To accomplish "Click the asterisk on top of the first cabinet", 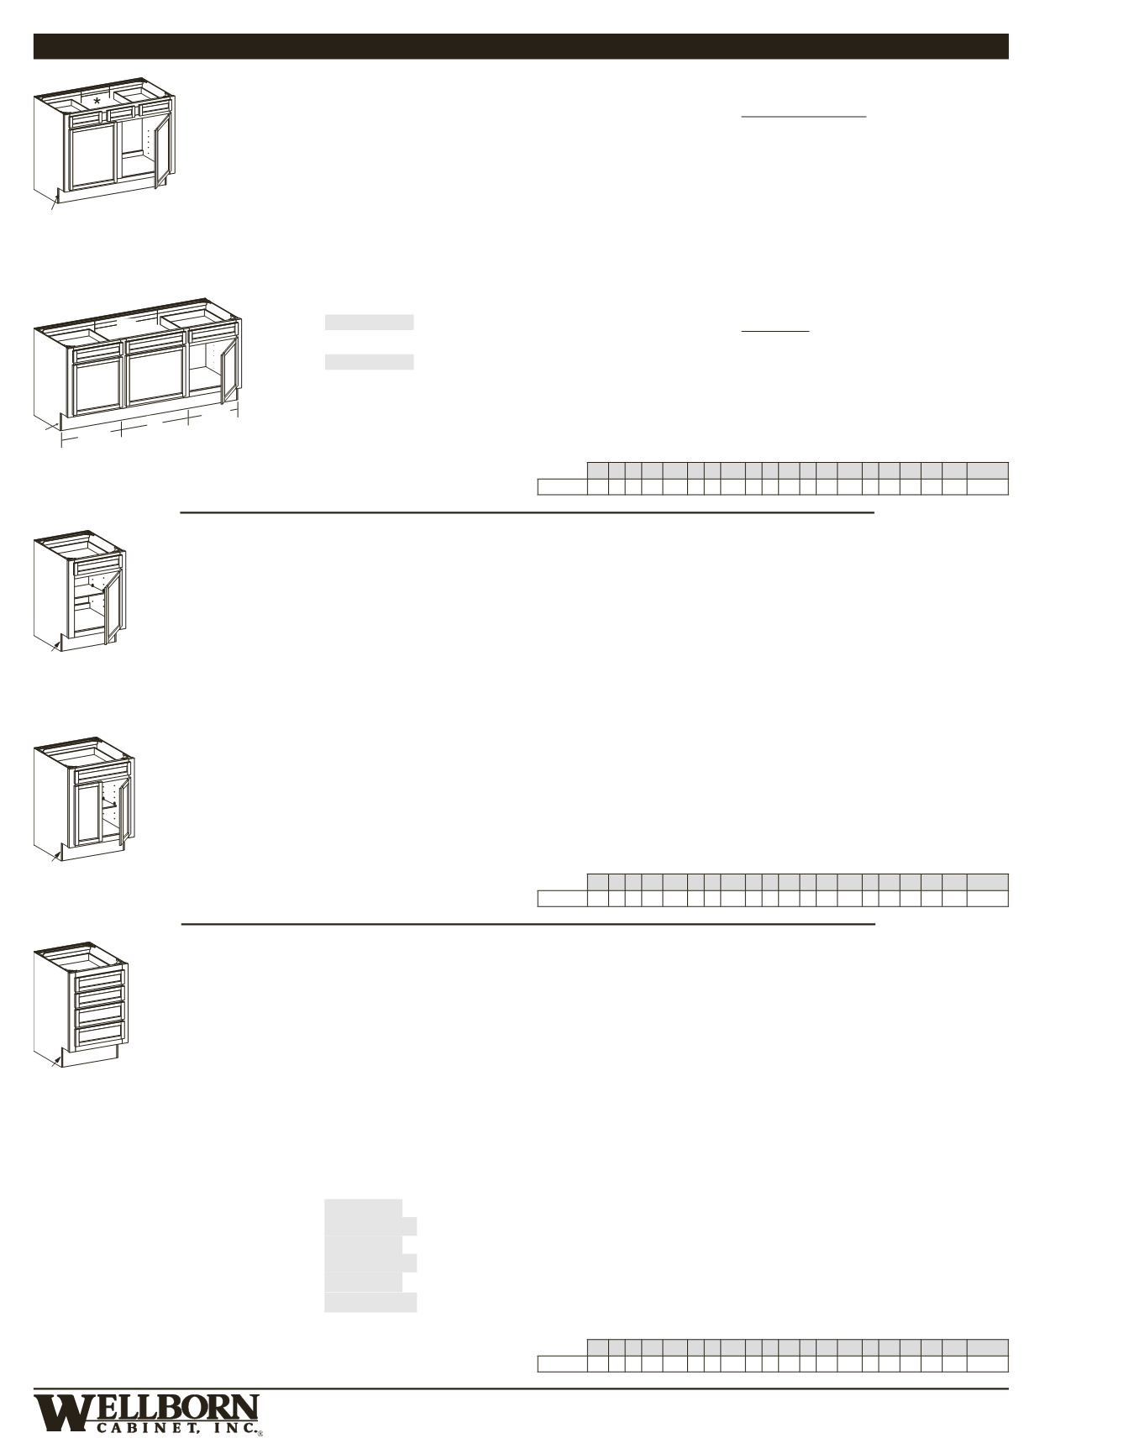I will [x=97, y=102].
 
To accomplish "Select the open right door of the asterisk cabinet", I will [x=161, y=151].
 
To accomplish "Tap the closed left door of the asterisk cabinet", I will [x=93, y=157].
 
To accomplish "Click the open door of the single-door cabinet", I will [x=113, y=605].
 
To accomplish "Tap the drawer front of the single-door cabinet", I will [x=98, y=564].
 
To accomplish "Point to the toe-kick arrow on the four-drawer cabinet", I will [x=55, y=1060].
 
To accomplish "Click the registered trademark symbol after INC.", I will [x=260, y=1433].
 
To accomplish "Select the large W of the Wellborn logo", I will [x=60, y=1413].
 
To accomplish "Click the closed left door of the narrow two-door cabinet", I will [x=87, y=813].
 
